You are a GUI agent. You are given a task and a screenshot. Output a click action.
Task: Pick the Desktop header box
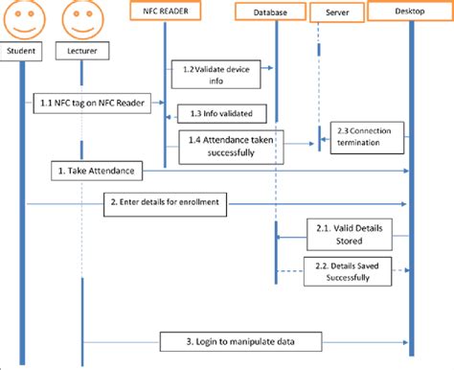pos(411,12)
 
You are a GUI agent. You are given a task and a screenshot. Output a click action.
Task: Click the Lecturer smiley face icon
pos(79,16)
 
